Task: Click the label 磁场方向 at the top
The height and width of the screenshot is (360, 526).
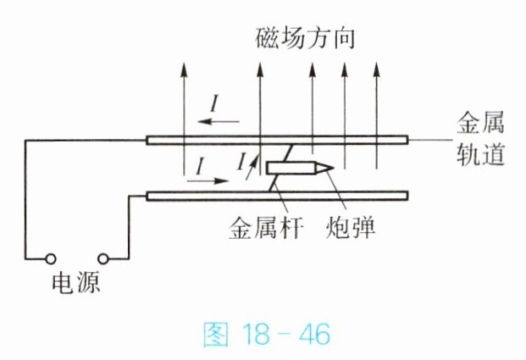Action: point(305,39)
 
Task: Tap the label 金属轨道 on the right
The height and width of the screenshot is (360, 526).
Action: point(481,139)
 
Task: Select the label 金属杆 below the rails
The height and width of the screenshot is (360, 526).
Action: point(266,229)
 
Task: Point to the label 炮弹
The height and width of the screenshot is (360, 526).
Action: point(350,229)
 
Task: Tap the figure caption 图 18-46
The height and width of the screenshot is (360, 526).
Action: point(266,335)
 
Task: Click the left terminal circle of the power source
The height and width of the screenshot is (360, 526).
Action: point(51,259)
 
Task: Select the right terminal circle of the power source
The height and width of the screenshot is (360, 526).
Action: point(103,259)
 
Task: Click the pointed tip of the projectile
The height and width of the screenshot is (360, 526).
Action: point(334,168)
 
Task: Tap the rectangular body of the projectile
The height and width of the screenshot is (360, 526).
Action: point(291,168)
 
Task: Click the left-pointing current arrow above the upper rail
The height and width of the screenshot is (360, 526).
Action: point(219,121)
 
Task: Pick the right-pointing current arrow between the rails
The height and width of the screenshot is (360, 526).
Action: point(208,180)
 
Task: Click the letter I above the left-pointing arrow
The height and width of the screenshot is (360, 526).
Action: point(214,103)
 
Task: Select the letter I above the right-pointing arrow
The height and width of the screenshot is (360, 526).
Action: point(200,166)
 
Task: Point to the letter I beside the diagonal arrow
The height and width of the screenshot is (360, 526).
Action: point(241,162)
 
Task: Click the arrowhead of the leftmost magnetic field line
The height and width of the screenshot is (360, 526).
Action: point(184,69)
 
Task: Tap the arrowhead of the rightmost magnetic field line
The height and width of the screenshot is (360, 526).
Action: point(376,69)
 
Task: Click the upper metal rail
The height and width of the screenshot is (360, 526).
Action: point(277,140)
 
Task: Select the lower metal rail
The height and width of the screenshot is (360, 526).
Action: point(277,196)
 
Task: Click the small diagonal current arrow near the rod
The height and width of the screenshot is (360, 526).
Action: point(252,167)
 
